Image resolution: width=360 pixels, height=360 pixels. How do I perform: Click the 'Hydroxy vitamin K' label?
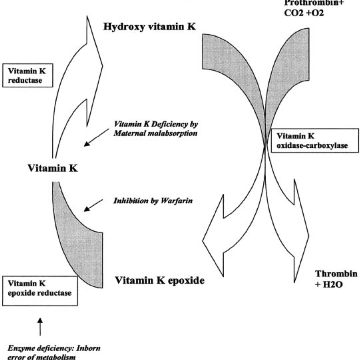click(x=149, y=27)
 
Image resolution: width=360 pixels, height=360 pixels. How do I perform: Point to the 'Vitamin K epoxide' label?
click(x=160, y=280)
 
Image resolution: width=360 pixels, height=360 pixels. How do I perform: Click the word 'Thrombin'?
click(x=337, y=274)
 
